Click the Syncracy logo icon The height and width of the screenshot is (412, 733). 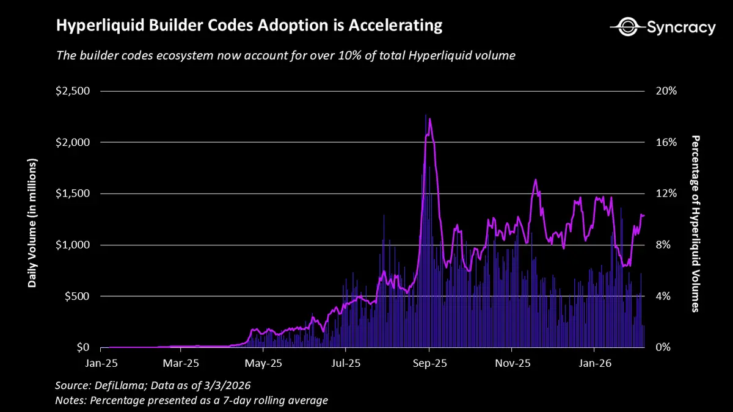627,27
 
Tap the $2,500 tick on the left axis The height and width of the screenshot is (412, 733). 73,91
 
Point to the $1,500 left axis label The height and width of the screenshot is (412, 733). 73,193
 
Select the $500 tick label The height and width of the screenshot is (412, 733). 77,296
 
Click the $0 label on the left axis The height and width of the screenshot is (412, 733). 82,347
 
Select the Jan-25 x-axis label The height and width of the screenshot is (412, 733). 100,363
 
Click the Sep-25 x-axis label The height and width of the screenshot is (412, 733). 430,363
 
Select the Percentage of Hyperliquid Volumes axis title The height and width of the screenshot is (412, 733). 695,223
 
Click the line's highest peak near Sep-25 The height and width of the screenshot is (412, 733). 429,118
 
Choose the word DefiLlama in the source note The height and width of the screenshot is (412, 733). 118,386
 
